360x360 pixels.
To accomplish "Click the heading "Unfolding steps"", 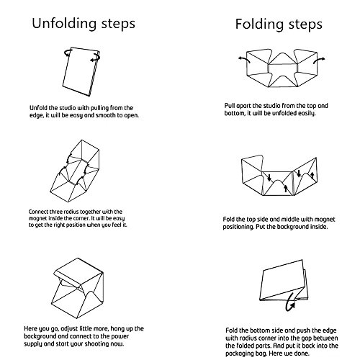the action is pyautogui.click(x=84, y=24).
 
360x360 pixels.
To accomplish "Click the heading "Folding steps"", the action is pyautogui.click(x=279, y=24).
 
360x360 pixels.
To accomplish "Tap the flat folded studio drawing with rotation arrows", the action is pyautogui.click(x=81, y=71).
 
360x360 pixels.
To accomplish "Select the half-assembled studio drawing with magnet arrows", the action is pyautogui.click(x=75, y=171).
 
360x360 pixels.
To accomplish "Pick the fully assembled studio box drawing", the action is pyautogui.click(x=78, y=288).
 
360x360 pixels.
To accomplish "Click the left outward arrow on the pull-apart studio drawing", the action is pyautogui.click(x=244, y=60).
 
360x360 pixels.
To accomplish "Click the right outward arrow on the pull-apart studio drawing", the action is pyautogui.click(x=319, y=60).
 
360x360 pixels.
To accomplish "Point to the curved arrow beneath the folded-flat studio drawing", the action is pyautogui.click(x=290, y=303).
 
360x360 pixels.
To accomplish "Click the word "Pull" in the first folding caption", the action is pyautogui.click(x=230, y=106).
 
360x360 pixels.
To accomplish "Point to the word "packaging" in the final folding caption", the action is pyautogui.click(x=238, y=354).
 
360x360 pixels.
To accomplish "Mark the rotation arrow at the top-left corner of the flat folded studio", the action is pyautogui.click(x=68, y=53).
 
